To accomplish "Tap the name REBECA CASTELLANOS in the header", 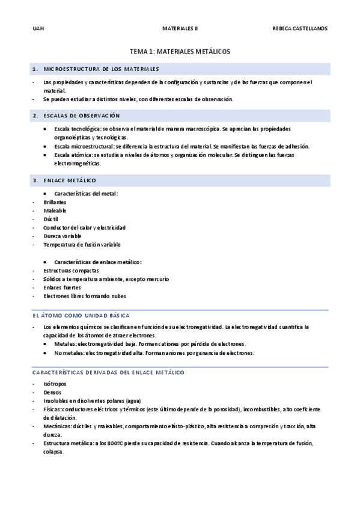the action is coord(300,28).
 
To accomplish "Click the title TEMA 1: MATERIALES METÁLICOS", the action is coord(180,52).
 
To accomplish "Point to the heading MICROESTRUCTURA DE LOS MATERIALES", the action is coord(102,69).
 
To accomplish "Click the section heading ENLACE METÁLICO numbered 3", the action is coord(70,180).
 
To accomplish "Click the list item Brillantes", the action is coord(55,202).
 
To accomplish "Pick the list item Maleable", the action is coord(55,210).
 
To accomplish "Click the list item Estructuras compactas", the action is coord(71,271).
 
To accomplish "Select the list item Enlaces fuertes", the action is coord(62,287).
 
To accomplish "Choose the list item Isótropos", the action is coord(55,384).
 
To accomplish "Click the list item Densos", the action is coord(53,392).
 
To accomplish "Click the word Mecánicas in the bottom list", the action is coord(57,426).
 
